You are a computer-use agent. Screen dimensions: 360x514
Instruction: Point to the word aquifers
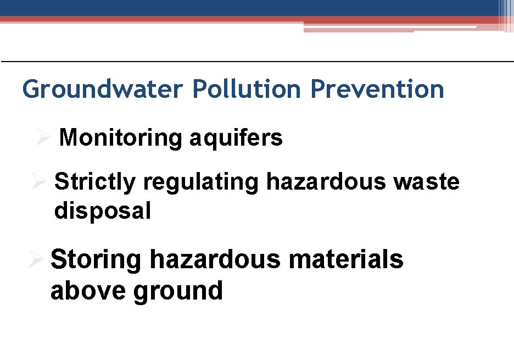pos(236,138)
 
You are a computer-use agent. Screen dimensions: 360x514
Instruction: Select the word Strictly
pos(95,182)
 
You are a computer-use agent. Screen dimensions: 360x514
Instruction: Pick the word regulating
pos(201,182)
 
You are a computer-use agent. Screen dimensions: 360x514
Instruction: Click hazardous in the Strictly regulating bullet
pos(326,182)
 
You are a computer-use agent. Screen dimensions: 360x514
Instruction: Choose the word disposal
pos(103,211)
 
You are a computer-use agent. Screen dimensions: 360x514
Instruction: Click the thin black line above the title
pos(257,61)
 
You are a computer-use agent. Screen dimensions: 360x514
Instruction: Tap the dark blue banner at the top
pos(247,7)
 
